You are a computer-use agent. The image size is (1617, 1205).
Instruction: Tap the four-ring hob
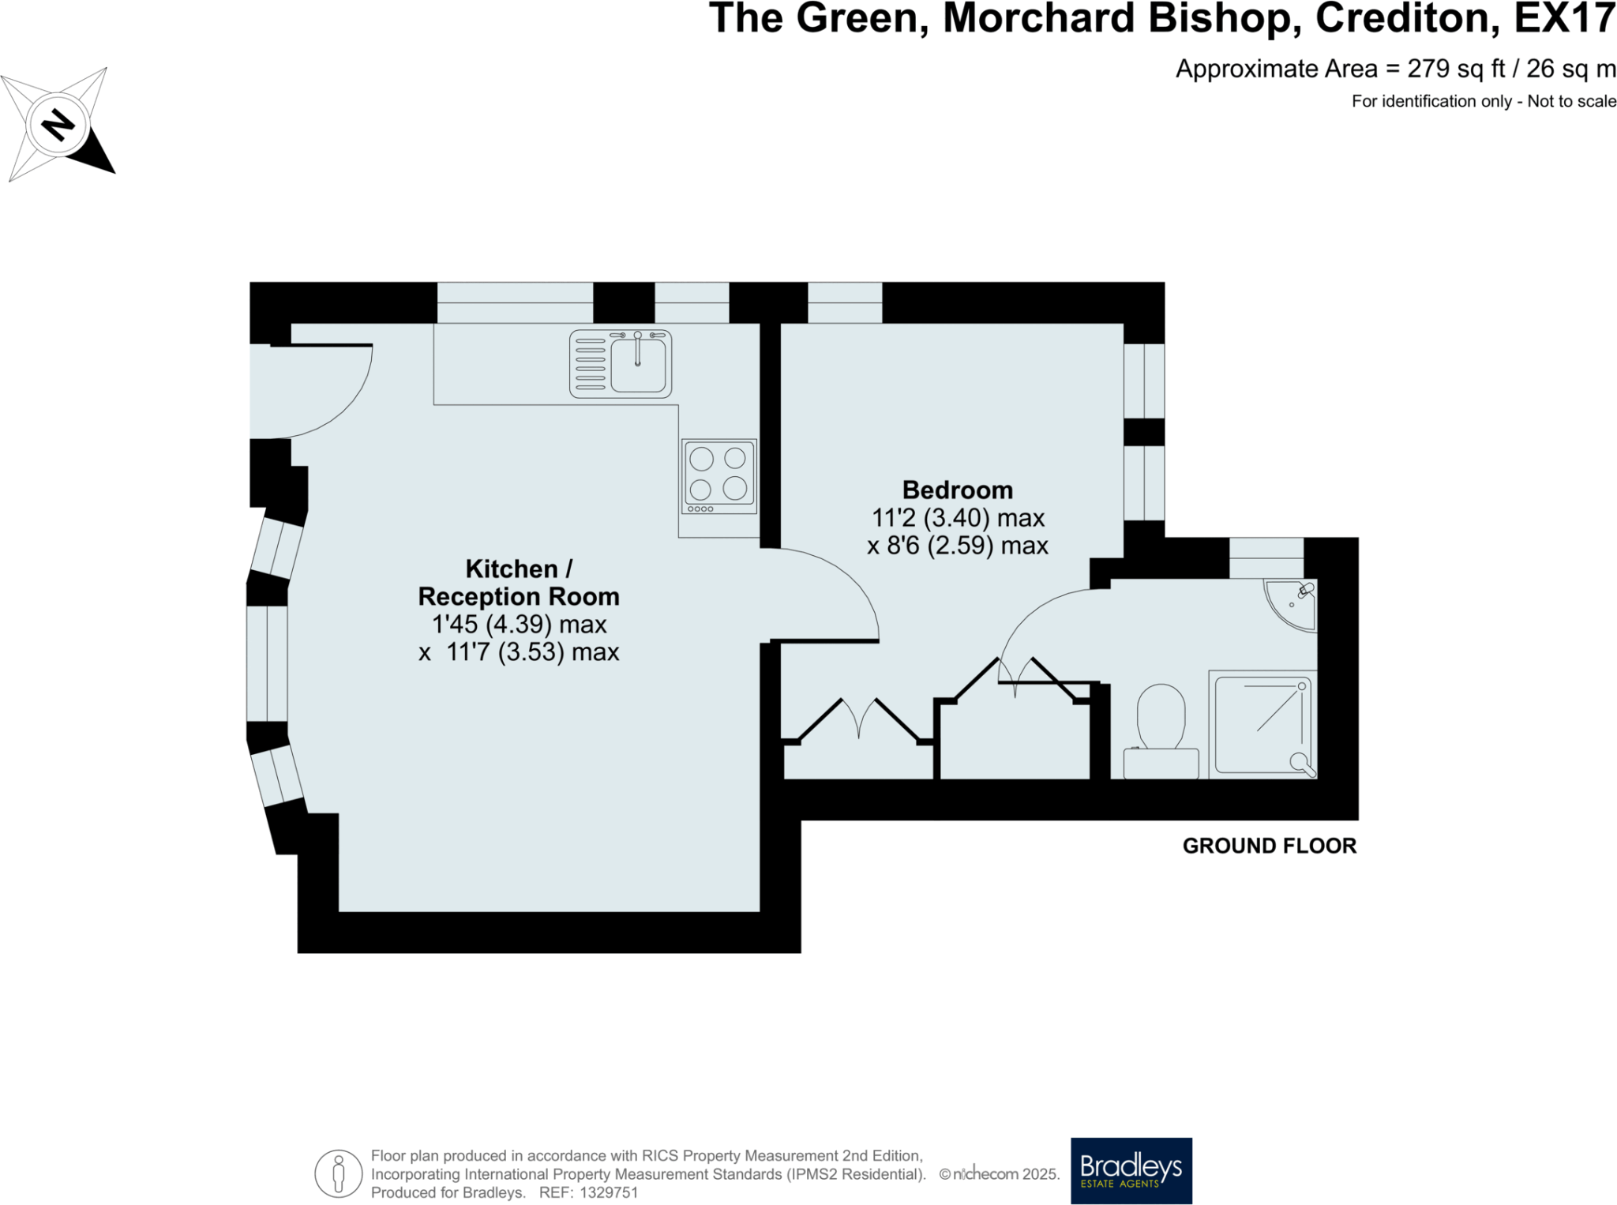pos(718,476)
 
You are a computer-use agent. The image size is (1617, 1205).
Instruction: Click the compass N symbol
pos(58,125)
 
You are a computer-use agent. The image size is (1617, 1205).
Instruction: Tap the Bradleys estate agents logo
pos(1131,1169)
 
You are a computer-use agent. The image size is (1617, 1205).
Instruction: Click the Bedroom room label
pos(957,490)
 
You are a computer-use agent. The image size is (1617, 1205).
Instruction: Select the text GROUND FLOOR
pos(1269,846)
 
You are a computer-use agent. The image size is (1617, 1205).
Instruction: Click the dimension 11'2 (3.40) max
pos(957,518)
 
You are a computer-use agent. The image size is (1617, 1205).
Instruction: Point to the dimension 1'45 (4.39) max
pos(519,624)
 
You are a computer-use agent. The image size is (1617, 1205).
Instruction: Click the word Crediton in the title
pos(1407,19)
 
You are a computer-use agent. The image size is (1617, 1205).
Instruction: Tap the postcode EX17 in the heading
pos(1564,19)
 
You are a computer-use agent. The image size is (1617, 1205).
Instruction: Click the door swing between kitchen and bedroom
pos(837,588)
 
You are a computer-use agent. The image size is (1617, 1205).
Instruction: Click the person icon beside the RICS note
pos(339,1173)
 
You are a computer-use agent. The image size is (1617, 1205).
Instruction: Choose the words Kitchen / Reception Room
pos(519,583)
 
